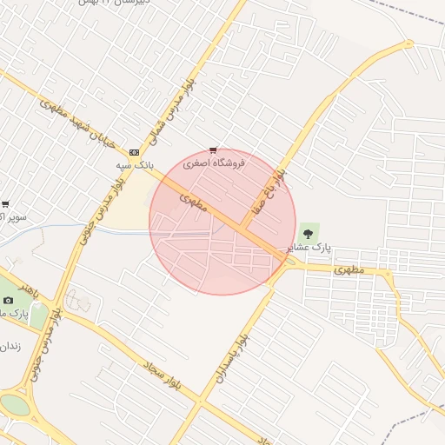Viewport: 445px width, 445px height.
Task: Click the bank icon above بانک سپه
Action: click(x=134, y=151)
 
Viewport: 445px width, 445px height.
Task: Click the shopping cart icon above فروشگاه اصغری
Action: click(x=214, y=149)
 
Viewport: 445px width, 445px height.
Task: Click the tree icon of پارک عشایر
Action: click(x=307, y=232)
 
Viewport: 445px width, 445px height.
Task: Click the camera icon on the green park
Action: click(x=9, y=300)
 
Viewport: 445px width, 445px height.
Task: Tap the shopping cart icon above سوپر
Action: click(x=6, y=204)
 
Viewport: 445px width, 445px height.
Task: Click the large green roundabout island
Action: click(x=14, y=405)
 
